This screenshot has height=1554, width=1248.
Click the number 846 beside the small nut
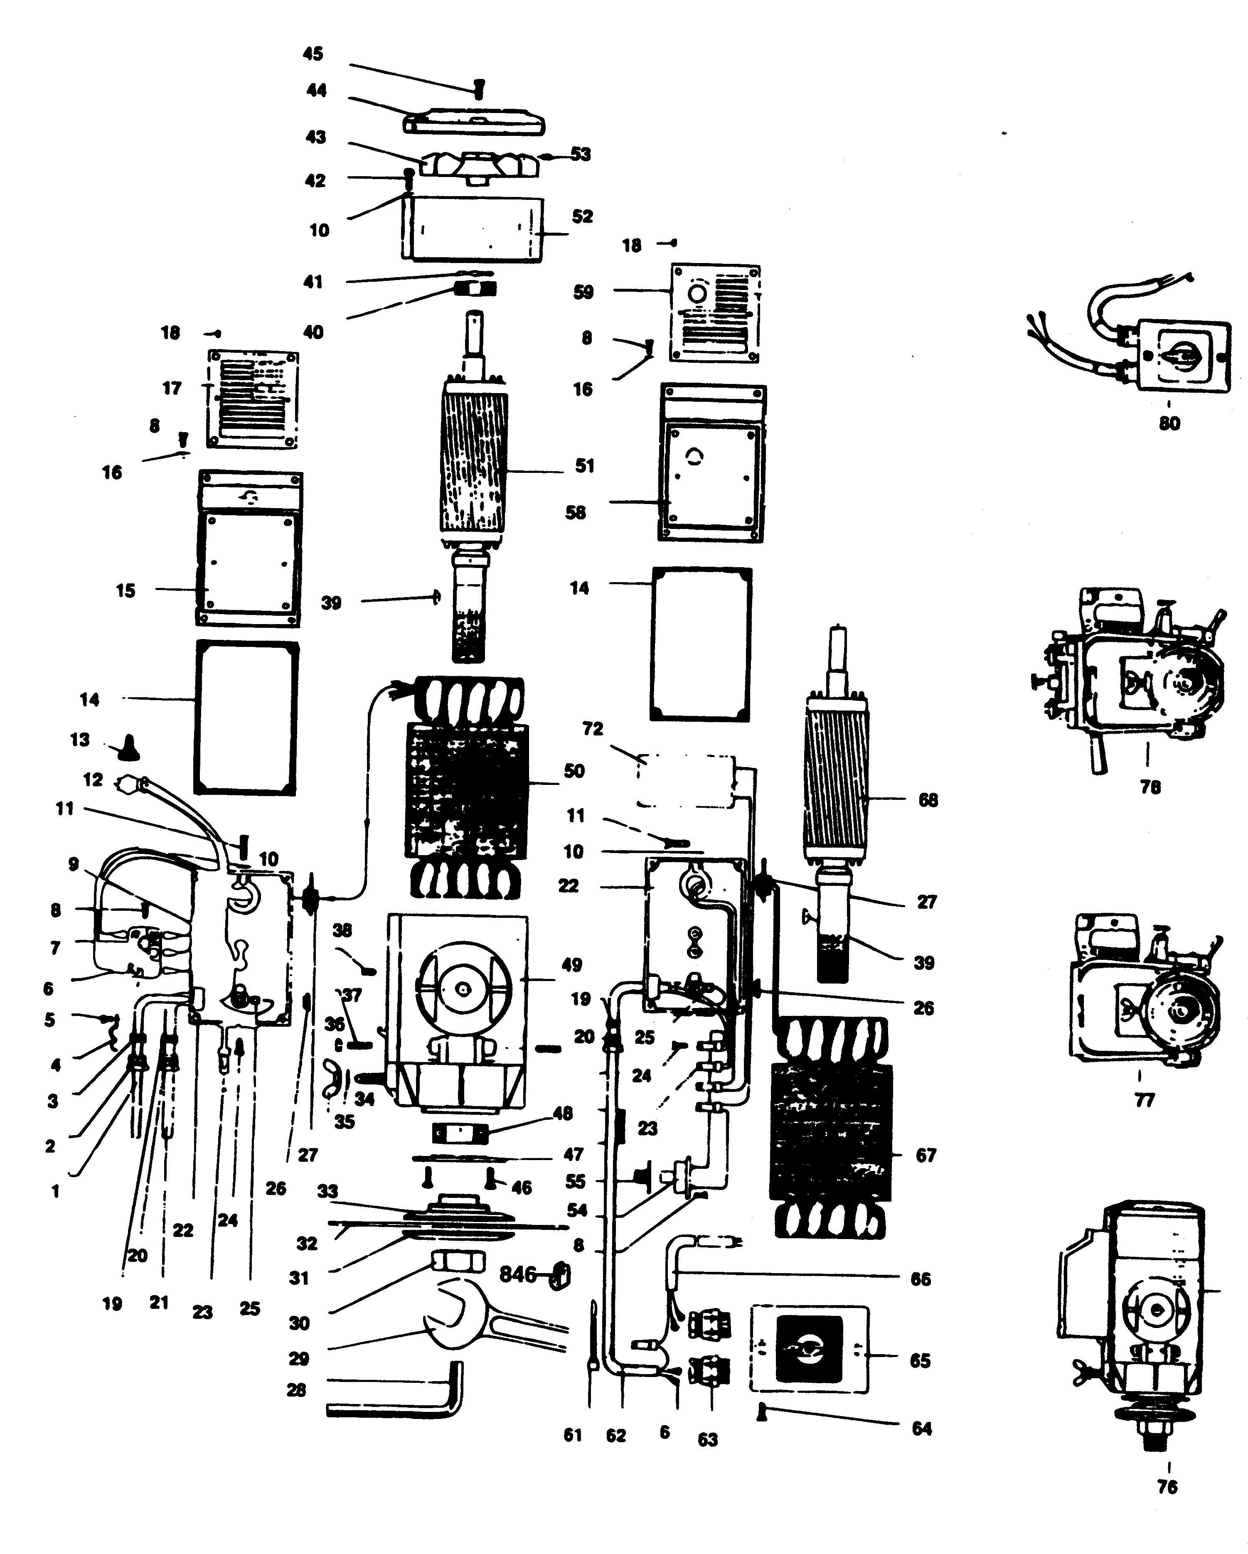tap(518, 1274)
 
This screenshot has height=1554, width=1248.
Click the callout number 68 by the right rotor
tap(928, 800)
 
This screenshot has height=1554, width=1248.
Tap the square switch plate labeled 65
tap(809, 1349)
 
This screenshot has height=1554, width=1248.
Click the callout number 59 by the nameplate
tap(583, 292)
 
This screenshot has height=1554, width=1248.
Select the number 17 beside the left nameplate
tap(172, 388)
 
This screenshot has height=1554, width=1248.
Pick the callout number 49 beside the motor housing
tap(572, 964)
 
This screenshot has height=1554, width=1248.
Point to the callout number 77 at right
tap(1144, 1100)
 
